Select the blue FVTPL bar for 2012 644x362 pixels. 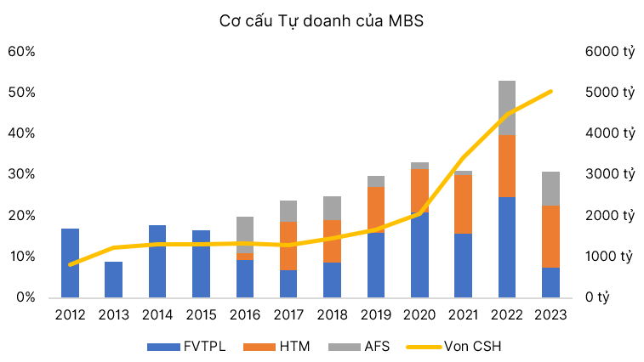[70, 263]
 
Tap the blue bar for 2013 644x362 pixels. [113, 280]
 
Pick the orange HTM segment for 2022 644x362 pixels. [507, 166]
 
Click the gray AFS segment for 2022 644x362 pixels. [507, 108]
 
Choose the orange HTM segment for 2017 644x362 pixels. [288, 246]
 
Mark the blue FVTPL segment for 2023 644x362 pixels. [550, 282]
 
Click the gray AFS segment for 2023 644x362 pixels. [550, 188]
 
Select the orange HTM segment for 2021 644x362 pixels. [464, 204]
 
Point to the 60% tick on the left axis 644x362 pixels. [21, 51]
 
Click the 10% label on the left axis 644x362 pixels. [21, 257]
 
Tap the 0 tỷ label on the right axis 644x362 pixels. [600, 297]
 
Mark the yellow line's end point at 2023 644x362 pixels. [550, 91]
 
